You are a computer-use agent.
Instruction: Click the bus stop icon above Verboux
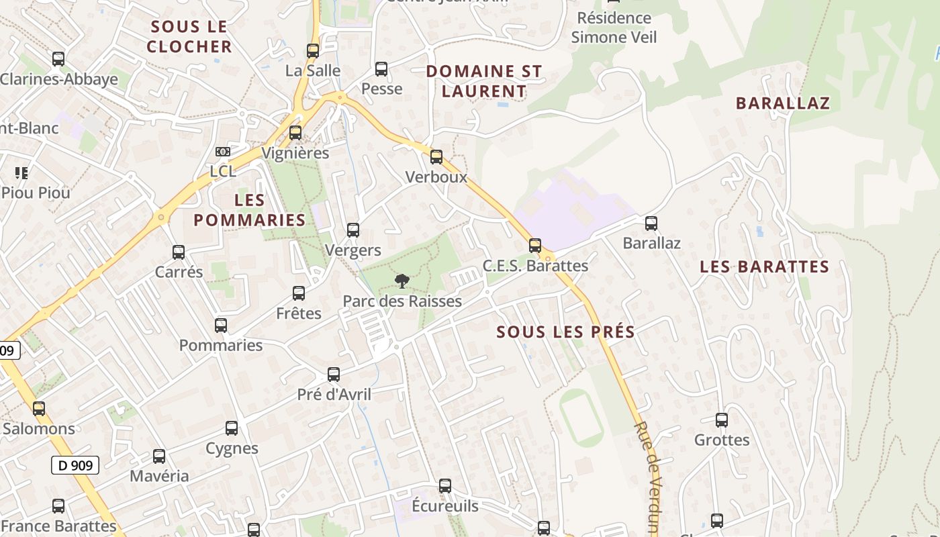click(x=436, y=157)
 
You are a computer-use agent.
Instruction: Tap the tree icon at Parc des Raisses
click(x=402, y=281)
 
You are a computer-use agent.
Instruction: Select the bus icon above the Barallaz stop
click(x=651, y=224)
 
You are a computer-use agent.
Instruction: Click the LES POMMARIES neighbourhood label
click(x=250, y=210)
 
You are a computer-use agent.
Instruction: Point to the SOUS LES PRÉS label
click(x=566, y=332)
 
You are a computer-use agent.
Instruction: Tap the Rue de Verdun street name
click(x=647, y=477)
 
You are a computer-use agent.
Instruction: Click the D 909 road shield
click(x=75, y=465)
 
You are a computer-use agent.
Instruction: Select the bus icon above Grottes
click(x=722, y=420)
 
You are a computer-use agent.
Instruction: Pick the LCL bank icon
click(x=223, y=152)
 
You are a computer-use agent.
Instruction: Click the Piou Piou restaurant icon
click(x=21, y=173)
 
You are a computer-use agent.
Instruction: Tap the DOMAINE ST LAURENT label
click(x=484, y=81)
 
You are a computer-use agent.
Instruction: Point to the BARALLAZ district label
click(x=783, y=103)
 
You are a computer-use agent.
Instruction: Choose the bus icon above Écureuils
click(x=444, y=486)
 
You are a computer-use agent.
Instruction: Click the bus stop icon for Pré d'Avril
click(x=334, y=375)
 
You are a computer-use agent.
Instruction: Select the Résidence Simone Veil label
click(x=614, y=28)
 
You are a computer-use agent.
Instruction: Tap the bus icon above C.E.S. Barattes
click(x=535, y=246)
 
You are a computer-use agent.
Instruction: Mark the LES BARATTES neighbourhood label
click(x=764, y=266)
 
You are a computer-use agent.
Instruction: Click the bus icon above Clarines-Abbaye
click(x=58, y=59)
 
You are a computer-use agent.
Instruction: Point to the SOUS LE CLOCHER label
click(x=189, y=37)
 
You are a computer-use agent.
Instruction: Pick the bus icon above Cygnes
click(x=232, y=428)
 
